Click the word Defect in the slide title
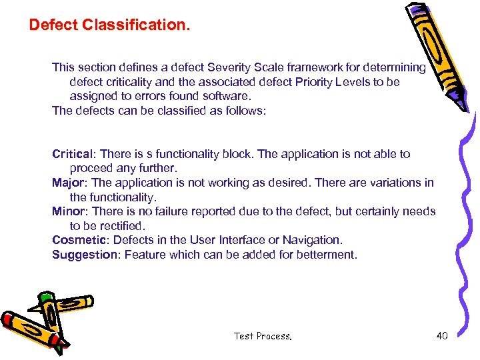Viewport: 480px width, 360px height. (x=53, y=25)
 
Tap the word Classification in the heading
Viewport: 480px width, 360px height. (x=136, y=25)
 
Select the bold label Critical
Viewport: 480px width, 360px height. (x=71, y=154)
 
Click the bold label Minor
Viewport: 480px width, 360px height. (x=67, y=211)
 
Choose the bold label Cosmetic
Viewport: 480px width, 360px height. (x=79, y=240)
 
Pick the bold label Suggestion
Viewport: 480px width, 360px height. (x=84, y=255)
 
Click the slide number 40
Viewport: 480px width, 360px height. (x=442, y=335)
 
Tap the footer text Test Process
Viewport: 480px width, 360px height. (x=263, y=336)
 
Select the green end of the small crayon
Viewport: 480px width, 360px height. (x=45, y=297)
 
